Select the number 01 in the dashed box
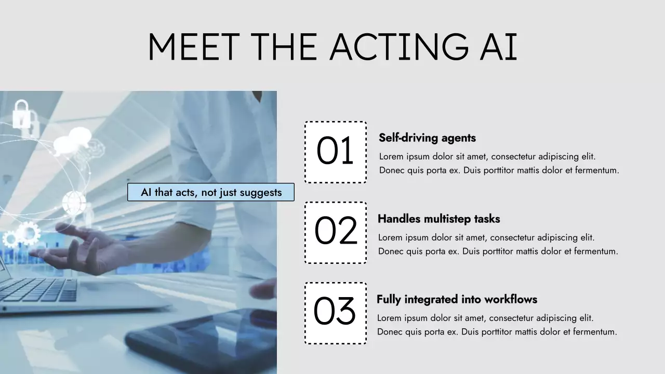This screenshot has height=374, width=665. tap(335, 152)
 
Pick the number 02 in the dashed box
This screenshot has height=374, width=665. tap(336, 232)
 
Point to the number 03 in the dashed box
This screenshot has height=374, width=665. tap(335, 312)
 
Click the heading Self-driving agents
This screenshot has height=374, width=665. tap(427, 138)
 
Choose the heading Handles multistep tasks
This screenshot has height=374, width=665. tap(438, 219)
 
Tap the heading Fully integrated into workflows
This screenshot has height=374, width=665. tap(457, 300)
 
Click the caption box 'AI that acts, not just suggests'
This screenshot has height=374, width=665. tap(210, 192)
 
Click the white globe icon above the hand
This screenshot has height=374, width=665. tap(74, 202)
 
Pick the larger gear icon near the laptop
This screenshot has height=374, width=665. tap(29, 232)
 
